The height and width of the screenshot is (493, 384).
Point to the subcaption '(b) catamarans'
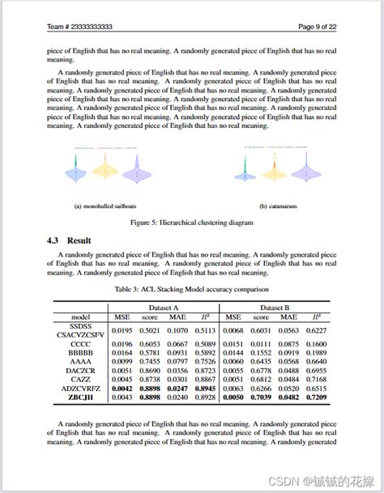(278, 206)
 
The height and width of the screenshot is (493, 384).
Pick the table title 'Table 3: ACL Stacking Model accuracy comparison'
(192, 289)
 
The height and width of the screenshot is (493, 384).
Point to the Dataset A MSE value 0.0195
(122, 330)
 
